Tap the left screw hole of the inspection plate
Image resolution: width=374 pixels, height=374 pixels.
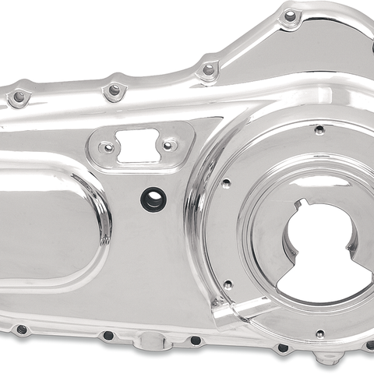tap(109, 147)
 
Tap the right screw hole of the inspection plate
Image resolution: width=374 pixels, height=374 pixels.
tap(167, 145)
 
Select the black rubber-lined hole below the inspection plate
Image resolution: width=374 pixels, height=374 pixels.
tap(153, 199)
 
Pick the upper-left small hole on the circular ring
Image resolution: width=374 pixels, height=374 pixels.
tap(226, 184)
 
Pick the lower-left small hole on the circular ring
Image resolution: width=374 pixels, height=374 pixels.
tap(228, 285)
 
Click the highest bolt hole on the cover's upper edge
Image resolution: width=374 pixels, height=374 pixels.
tap(291, 16)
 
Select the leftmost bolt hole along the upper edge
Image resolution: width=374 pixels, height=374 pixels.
tap(18, 97)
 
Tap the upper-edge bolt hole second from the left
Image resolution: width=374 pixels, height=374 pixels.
tap(115, 90)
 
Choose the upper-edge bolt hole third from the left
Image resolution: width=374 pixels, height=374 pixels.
tap(208, 69)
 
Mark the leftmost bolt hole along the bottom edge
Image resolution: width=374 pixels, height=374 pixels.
tap(22, 330)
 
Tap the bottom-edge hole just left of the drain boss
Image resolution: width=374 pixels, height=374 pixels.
tap(108, 336)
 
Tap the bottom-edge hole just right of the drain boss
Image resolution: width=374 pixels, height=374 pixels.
tap(196, 340)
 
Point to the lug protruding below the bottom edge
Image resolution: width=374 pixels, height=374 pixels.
tap(332, 360)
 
